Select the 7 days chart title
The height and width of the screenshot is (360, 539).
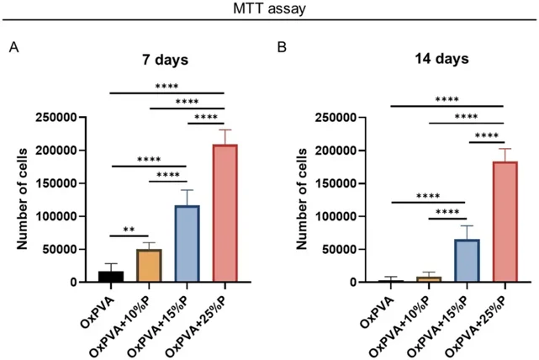click(166, 61)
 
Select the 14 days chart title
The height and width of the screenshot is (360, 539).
click(441, 61)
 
